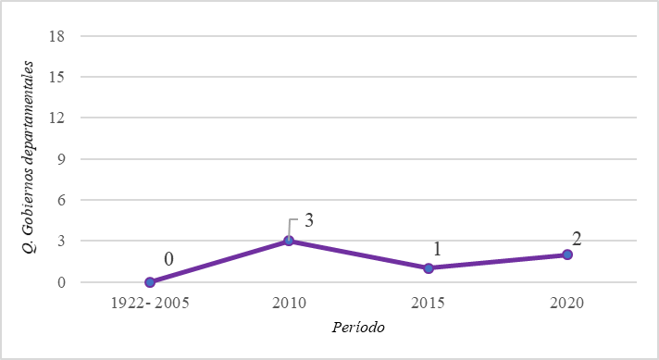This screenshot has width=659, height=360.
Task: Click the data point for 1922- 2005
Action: [150, 282]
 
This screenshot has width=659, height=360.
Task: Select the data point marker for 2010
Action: [289, 241]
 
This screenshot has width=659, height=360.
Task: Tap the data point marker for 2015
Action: [429, 268]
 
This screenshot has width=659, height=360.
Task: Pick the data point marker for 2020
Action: [567, 254]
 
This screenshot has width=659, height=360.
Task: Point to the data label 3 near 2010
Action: [310, 221]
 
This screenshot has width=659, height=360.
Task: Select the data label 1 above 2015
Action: [439, 249]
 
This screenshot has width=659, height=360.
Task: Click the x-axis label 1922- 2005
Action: [150, 304]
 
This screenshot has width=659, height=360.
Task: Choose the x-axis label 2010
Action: [289, 304]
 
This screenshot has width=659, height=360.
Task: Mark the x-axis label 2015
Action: [429, 304]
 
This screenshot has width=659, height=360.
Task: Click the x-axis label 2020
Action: [567, 304]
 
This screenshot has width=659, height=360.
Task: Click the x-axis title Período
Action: [357, 328]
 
